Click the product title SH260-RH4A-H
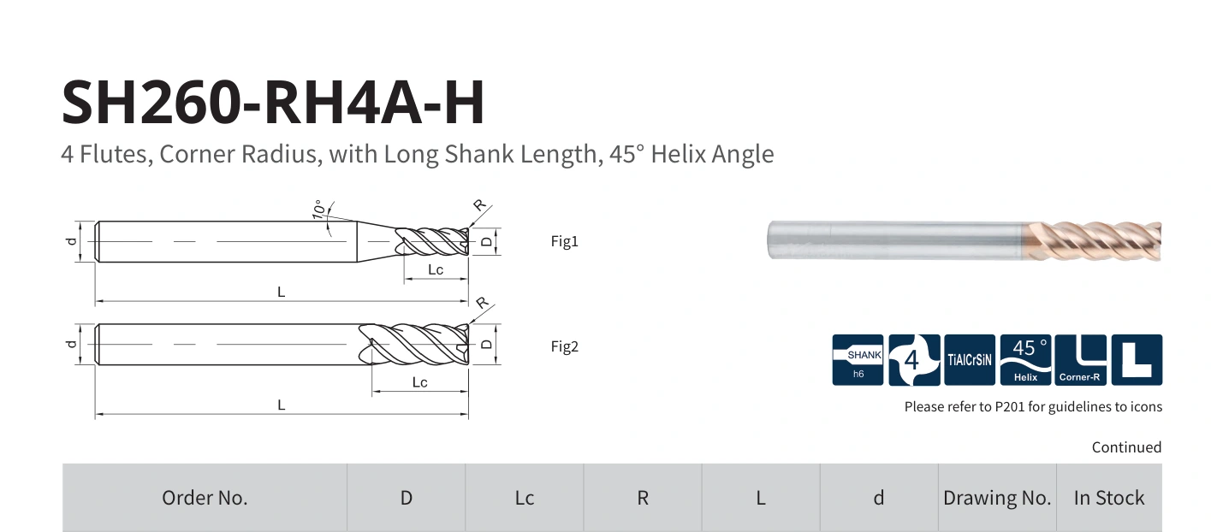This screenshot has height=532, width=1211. [x=273, y=102]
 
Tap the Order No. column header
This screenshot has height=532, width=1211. [x=205, y=498]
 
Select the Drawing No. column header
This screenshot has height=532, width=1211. [x=997, y=498]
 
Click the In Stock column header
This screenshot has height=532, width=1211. [x=1109, y=498]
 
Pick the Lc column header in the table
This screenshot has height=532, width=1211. [x=525, y=498]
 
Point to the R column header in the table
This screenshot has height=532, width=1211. [x=642, y=498]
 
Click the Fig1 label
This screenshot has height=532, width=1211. [x=564, y=241]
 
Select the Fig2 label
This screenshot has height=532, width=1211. [x=564, y=346]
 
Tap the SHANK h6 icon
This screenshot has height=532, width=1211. [x=858, y=360]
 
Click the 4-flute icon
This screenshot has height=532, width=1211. [x=914, y=360]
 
